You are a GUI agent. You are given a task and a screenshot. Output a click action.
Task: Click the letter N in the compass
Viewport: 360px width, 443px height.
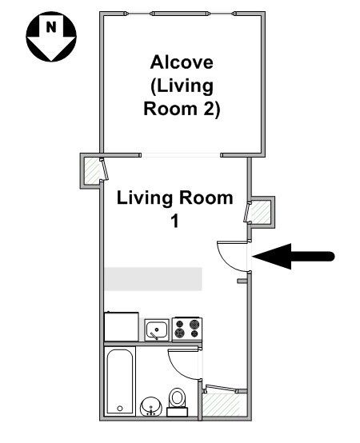tap(51, 27)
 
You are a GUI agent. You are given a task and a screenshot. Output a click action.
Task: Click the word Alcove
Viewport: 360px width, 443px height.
tap(182, 62)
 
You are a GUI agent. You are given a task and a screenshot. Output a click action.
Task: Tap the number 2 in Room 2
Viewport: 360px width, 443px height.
tap(209, 109)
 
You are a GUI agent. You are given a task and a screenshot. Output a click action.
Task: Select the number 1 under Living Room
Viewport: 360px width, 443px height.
tap(175, 221)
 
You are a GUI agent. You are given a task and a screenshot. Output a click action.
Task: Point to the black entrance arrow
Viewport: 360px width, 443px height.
tap(294, 257)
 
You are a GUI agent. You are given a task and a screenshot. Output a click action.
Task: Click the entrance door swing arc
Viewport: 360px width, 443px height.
tap(226, 261)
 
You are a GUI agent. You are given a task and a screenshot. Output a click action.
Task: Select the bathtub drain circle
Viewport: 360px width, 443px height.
tap(120, 409)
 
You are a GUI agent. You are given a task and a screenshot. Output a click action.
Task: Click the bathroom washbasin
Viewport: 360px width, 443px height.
tap(151, 406)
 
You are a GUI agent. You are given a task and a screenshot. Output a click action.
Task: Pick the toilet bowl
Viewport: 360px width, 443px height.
tap(177, 397)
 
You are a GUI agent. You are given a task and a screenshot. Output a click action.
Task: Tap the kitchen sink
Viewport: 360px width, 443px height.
tap(157, 329)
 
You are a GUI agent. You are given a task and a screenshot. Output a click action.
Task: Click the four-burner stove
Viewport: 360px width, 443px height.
tap(187, 329)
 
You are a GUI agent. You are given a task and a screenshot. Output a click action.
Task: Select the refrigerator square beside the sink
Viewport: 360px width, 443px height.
tap(122, 326)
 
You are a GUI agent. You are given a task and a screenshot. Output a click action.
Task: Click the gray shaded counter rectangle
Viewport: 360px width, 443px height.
tap(153, 279)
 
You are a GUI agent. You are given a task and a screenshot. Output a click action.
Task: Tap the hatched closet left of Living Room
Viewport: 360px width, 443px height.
tap(92, 170)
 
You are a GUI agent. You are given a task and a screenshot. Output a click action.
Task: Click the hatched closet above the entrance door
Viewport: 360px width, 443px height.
tap(260, 212)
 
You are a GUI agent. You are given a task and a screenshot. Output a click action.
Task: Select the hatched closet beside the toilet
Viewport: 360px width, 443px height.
tap(223, 405)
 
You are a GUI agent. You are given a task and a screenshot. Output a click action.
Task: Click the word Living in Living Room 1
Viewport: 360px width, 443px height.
tap(145, 199)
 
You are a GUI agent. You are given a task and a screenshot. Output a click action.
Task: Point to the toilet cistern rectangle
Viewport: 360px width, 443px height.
tap(177, 412)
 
